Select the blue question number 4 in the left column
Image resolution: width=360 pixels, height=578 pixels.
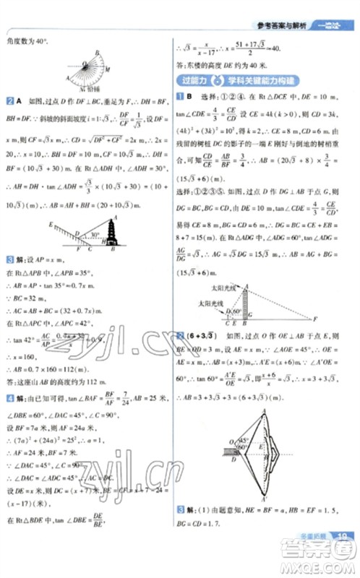9,398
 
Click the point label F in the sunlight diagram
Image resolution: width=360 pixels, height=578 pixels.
316,319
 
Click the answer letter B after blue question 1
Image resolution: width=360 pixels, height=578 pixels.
188,97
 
